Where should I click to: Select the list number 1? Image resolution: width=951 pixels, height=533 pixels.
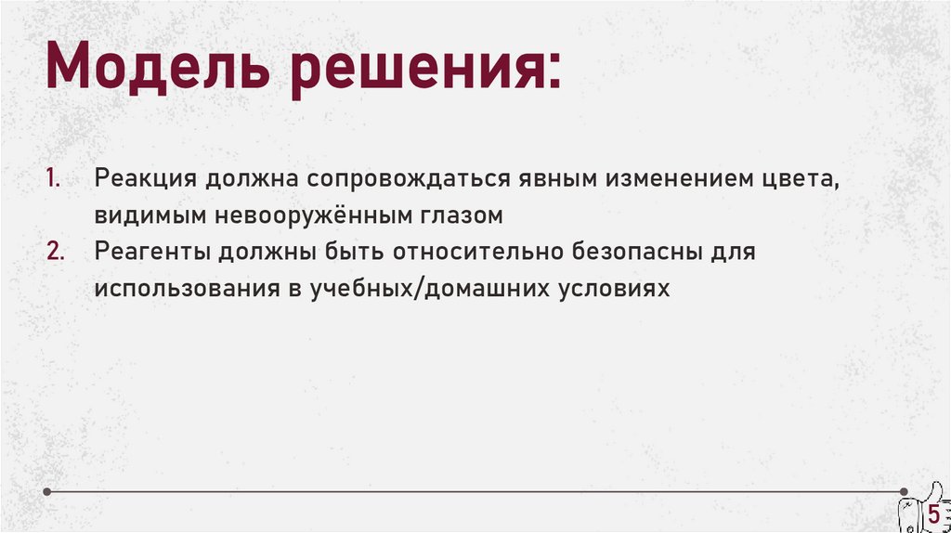[x=52, y=178]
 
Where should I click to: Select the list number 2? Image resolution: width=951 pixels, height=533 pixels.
[x=53, y=251]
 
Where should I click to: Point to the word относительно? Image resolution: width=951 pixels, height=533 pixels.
[x=473, y=252]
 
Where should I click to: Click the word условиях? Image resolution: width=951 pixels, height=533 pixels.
[x=614, y=288]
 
